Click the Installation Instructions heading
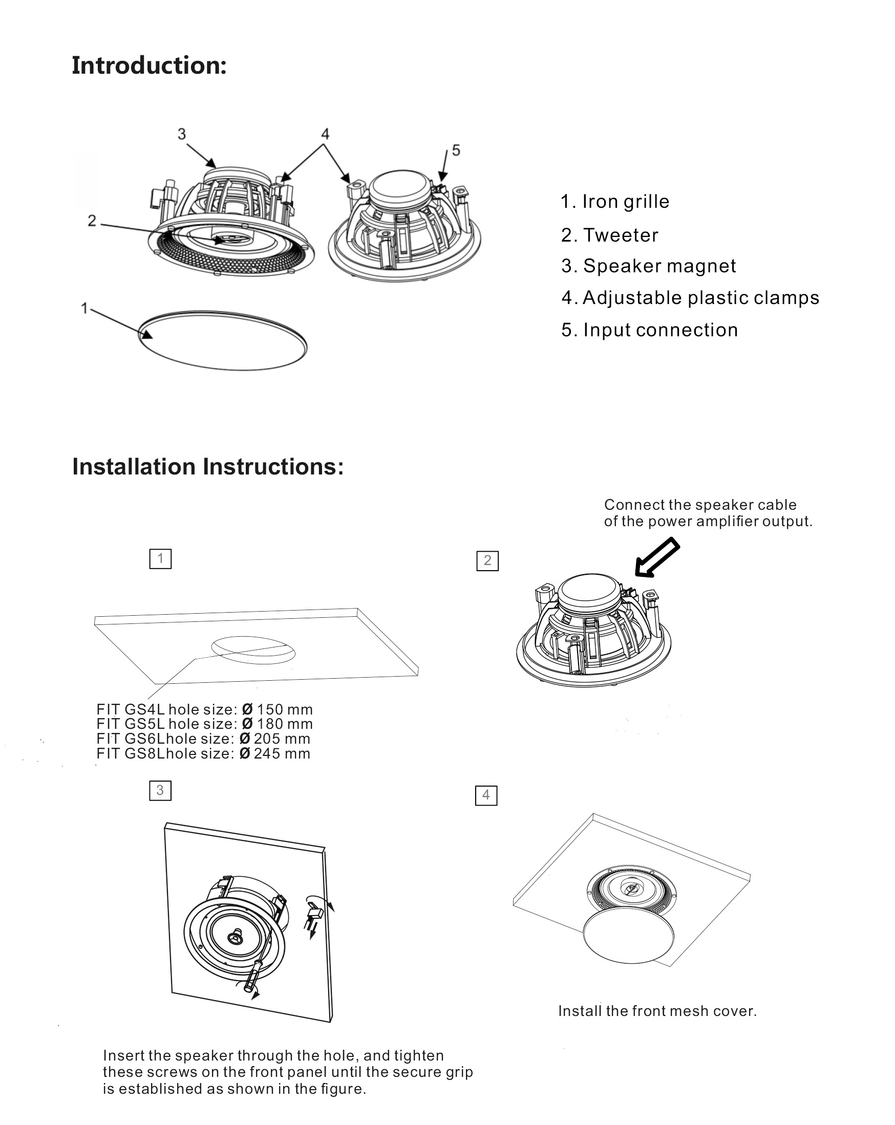208,466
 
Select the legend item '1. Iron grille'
614,202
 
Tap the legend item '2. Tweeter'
609,235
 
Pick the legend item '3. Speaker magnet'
648,266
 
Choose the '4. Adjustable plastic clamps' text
690,298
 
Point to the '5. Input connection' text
649,330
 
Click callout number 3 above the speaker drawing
182,134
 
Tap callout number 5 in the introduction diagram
456,150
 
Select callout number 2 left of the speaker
92,221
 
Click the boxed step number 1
160,559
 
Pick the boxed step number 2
487,561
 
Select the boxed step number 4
486,795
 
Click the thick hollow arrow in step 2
657,558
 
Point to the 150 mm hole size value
284,709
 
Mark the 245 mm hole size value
282,753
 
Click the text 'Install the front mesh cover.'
657,1011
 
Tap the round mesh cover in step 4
628,937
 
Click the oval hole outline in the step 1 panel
253,650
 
